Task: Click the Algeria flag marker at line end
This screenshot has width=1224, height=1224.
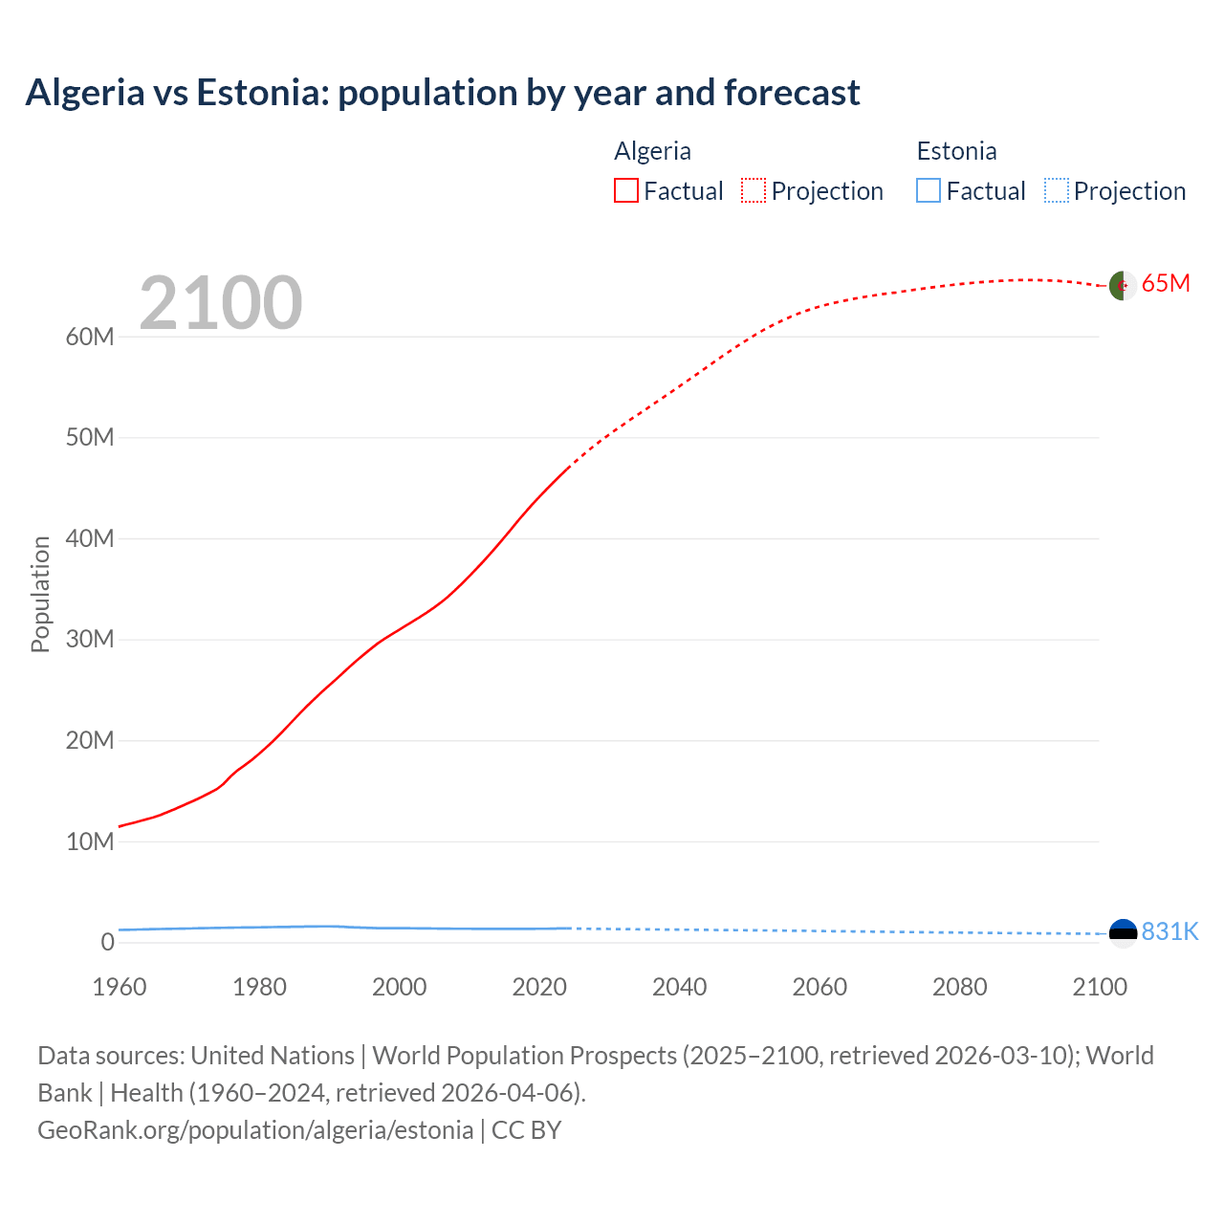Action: click(x=1123, y=285)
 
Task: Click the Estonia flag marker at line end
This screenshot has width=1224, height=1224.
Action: click(x=1123, y=932)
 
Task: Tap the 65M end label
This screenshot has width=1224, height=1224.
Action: click(x=1166, y=284)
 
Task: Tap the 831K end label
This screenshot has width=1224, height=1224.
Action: click(x=1169, y=932)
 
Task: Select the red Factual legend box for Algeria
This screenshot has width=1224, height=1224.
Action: click(x=626, y=190)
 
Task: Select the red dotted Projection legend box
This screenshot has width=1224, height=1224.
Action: click(x=754, y=190)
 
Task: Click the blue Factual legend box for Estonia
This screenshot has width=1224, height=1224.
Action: click(x=929, y=190)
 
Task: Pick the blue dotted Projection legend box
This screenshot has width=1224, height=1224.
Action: click(x=1056, y=190)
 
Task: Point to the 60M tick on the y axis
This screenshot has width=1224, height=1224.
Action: click(x=90, y=337)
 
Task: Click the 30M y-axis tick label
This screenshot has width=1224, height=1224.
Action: click(x=90, y=639)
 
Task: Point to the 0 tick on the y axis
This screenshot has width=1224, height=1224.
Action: click(x=107, y=942)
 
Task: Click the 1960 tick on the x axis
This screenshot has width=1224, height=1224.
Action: click(x=120, y=987)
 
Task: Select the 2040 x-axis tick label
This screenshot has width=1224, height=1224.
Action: click(x=679, y=987)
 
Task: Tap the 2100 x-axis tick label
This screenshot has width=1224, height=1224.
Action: click(x=1100, y=987)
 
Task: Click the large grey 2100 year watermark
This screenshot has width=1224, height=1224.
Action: click(x=221, y=303)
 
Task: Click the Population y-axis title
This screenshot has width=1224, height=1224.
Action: click(x=40, y=594)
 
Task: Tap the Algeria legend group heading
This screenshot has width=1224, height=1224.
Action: click(x=652, y=151)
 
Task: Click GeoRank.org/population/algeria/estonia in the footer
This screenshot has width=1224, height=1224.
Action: click(x=255, y=1130)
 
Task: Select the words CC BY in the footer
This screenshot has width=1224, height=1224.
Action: click(x=526, y=1130)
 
